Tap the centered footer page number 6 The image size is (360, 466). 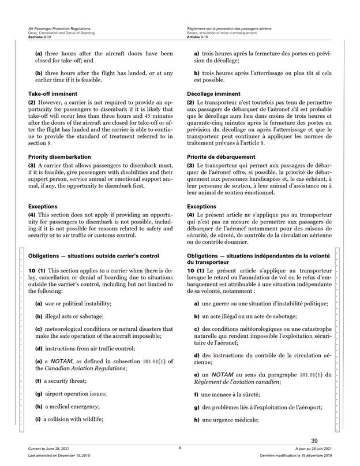tap(180, 448)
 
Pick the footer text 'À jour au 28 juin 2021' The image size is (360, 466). tap(312, 448)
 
